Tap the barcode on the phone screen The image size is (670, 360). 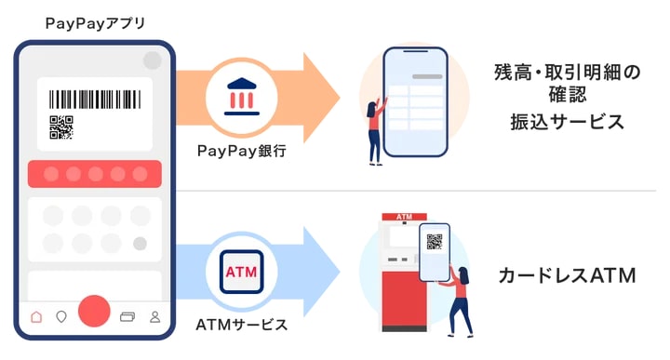(95, 100)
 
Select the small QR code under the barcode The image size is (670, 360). (60, 127)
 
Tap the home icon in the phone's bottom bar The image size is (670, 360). (36, 316)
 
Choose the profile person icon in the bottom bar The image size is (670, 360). (154, 316)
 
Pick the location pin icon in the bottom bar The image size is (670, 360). (61, 316)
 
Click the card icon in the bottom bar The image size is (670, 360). (128, 316)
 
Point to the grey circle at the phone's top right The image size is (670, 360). (152, 60)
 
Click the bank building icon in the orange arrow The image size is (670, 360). (242, 96)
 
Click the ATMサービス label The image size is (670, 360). (242, 325)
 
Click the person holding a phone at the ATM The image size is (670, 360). (458, 298)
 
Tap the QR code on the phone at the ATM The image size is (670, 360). (435, 242)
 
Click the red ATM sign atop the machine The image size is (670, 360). (404, 217)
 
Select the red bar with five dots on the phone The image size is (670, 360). (95, 174)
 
